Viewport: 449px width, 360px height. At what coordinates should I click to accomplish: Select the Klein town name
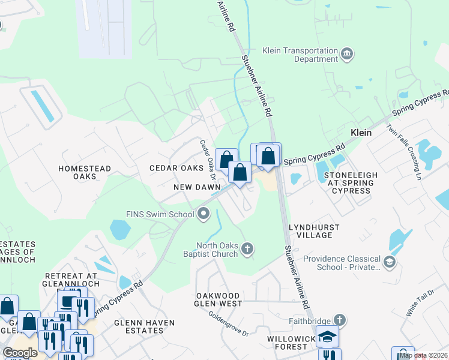click(363, 133)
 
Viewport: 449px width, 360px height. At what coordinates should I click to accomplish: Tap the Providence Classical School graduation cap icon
click(389, 262)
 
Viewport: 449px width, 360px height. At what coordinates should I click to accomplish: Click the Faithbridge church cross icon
click(340, 320)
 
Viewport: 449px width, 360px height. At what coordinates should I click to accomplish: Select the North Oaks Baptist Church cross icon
click(247, 248)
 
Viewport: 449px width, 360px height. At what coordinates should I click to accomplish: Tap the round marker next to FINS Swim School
click(204, 214)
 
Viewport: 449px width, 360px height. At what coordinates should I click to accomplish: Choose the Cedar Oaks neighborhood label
click(176, 168)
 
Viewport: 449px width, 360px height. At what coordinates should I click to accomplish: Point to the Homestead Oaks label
click(85, 172)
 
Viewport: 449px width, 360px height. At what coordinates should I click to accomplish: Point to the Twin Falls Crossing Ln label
click(402, 152)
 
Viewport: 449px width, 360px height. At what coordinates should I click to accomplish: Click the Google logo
click(20, 353)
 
